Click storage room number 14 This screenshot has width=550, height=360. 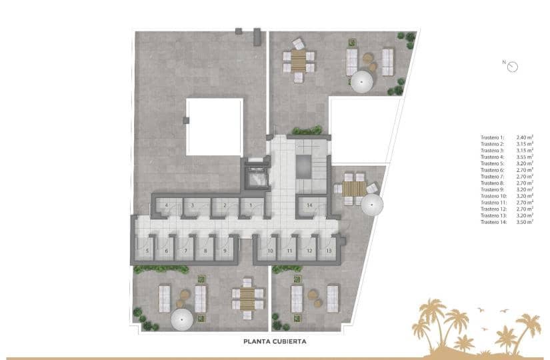(x=309, y=206)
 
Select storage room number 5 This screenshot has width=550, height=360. (x=147, y=251)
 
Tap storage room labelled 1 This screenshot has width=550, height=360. (x=251, y=206)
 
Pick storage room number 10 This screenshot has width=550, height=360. (x=270, y=251)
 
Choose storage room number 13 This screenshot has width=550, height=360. (x=329, y=251)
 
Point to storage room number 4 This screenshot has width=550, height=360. (x=166, y=206)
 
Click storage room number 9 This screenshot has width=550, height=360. (x=225, y=251)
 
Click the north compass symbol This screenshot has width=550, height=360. (x=512, y=65)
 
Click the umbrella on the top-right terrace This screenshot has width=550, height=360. (x=362, y=81)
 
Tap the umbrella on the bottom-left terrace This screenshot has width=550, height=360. (x=181, y=321)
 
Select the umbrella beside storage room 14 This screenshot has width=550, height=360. (x=372, y=204)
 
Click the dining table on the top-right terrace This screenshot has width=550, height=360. (x=298, y=62)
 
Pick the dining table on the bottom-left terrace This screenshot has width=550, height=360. (x=247, y=297)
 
